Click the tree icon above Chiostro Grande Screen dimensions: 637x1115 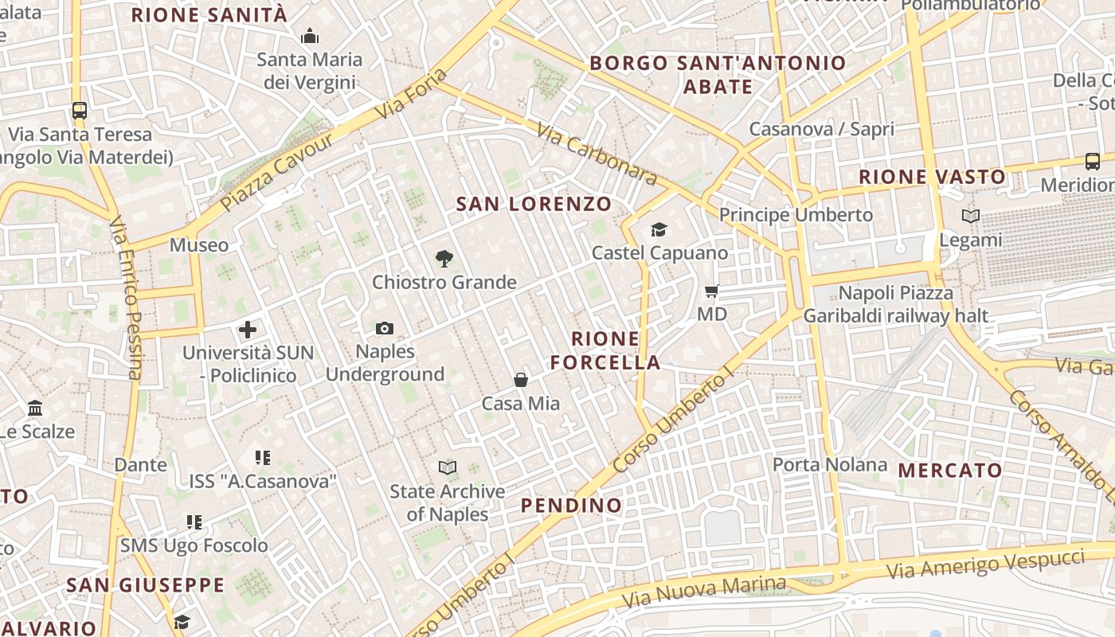(444, 258)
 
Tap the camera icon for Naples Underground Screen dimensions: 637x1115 (385, 328)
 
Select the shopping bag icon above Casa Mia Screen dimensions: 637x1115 (521, 380)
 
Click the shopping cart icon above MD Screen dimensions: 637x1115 (712, 291)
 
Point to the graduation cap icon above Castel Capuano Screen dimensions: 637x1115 (659, 230)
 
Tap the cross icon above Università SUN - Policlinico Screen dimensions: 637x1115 (248, 329)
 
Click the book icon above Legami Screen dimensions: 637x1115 (970, 216)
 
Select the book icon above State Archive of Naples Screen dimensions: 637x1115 (448, 467)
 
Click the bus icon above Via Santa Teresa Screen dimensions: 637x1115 (79, 111)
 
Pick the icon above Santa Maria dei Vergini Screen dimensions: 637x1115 (309, 36)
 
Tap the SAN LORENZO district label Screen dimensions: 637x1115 (534, 204)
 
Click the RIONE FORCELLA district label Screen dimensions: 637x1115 (605, 351)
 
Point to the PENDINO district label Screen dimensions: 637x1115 (571, 506)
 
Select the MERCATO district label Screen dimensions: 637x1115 (950, 471)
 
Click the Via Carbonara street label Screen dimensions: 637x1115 (597, 154)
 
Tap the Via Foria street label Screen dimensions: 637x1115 (411, 94)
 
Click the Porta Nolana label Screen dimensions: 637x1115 (830, 464)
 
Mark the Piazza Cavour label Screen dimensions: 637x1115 (276, 172)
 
